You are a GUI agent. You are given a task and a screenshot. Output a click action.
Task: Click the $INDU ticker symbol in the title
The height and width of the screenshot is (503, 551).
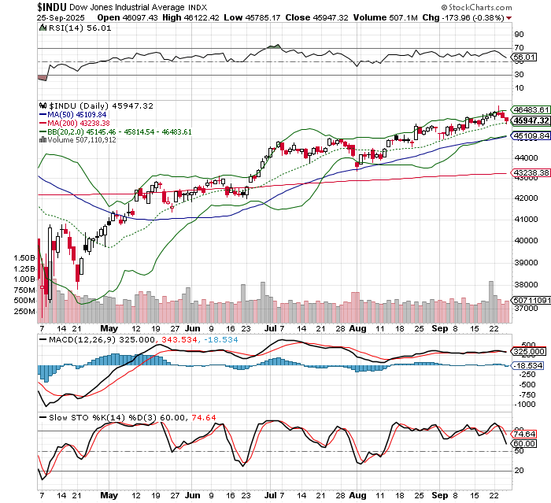[55, 6]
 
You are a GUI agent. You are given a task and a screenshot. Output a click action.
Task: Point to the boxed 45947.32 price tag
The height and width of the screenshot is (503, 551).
[530, 120]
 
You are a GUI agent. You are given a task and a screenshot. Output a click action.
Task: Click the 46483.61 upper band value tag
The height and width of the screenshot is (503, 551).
[530, 109]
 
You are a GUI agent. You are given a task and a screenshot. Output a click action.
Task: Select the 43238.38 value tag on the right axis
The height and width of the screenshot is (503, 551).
[530, 173]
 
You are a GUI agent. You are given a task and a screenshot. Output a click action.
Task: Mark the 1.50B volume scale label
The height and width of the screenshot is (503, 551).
[24, 257]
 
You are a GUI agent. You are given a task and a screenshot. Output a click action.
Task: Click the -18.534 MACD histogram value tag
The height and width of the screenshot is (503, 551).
[528, 366]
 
